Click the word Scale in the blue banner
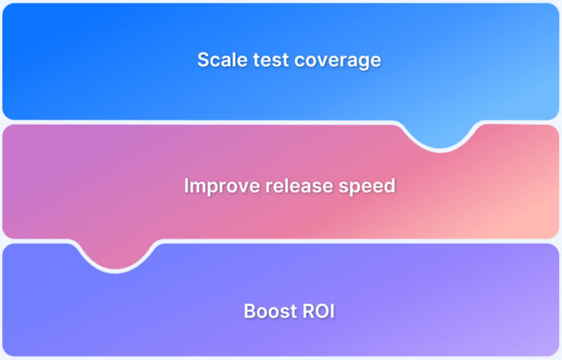pyautogui.click(x=220, y=60)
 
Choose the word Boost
pyautogui.click(x=266, y=311)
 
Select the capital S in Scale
pyautogui.click(x=203, y=60)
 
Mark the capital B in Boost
pyautogui.click(x=249, y=311)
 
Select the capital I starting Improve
pyautogui.click(x=187, y=186)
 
